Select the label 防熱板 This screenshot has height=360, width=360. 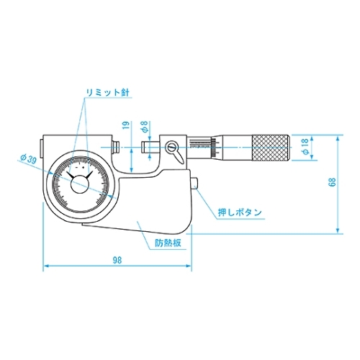[x=167, y=243]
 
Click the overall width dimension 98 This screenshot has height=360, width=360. [x=117, y=261]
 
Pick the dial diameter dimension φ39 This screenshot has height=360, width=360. [x=30, y=158]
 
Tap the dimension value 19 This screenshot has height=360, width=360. [x=126, y=128]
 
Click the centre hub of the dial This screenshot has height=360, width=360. [x=79, y=185]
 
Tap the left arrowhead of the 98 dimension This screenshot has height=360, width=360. [x=46, y=266]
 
